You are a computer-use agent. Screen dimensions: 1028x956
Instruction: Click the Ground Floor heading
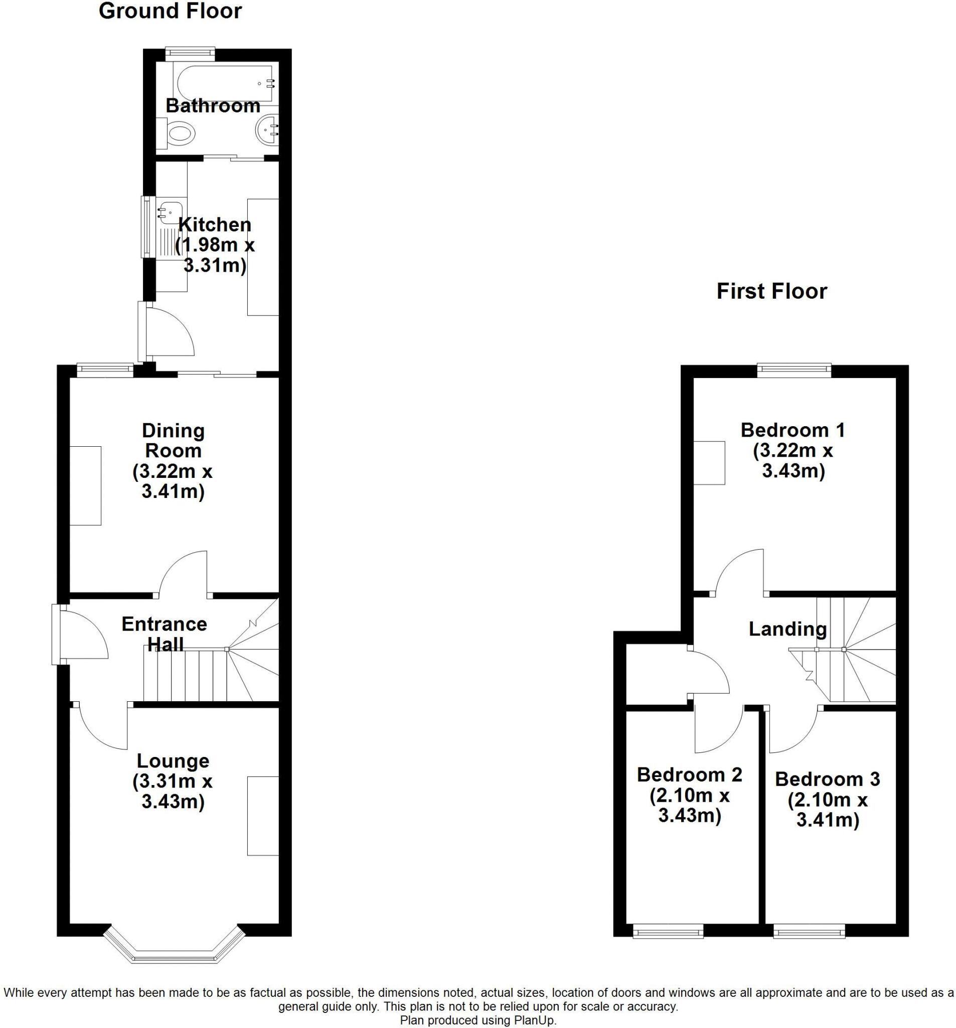click(170, 11)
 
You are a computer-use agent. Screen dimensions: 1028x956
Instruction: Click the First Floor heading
click(771, 291)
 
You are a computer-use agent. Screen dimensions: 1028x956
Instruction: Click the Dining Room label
click(173, 440)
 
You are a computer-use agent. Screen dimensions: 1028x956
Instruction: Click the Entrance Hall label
click(165, 634)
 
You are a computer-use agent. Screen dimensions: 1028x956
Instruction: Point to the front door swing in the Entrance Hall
click(83, 635)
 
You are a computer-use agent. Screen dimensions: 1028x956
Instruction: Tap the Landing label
click(787, 629)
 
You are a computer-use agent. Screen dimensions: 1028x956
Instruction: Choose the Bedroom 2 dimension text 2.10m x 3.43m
click(689, 805)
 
